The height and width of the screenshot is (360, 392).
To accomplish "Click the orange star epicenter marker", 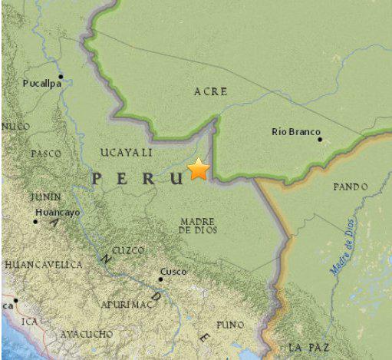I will [199, 169].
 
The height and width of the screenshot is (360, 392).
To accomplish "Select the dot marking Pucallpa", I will [60, 76].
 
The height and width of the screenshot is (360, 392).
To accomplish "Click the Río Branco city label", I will [295, 132].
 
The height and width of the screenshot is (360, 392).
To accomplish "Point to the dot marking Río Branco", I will [320, 139].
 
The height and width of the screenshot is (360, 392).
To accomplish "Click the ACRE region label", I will [210, 91].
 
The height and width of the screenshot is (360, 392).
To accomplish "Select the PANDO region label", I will [351, 187].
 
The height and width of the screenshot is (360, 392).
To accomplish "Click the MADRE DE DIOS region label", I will [197, 225].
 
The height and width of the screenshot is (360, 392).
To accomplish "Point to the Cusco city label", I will [174, 271].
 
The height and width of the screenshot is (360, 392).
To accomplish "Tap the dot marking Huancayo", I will [35, 222].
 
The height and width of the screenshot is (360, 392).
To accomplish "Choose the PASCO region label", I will [46, 154].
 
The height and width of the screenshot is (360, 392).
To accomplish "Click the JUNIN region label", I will [46, 197].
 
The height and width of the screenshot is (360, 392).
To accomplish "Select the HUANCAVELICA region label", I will [43, 264].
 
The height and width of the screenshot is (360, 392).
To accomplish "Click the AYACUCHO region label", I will [86, 334].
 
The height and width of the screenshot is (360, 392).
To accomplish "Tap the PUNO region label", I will [229, 325].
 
